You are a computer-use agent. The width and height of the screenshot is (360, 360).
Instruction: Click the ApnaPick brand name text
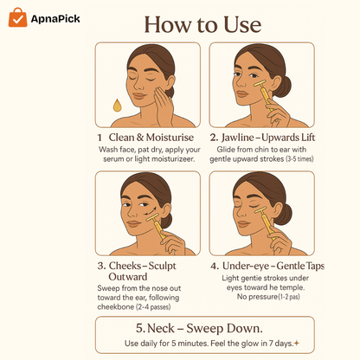[x=57, y=18]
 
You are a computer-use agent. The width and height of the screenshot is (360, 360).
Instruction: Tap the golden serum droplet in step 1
[x=117, y=106]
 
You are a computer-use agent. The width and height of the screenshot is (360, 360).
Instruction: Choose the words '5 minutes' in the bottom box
[x=196, y=344]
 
